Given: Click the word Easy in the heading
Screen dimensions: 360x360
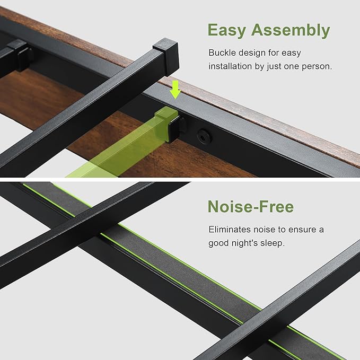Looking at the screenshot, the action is pos(226,31).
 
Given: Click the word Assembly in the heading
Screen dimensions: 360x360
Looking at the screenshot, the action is pos(291,30).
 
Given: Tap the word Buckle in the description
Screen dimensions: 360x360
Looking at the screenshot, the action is pos(222,52).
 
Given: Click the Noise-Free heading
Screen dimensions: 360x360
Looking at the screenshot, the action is pos(251,206).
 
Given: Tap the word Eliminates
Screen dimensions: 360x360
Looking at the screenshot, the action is pos(230,229).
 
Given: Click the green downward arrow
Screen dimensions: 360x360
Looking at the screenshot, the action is pos(175,89).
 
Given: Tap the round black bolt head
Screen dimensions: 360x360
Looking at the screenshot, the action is pos(204,137).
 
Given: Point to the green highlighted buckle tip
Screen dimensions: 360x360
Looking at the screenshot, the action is pos(166,113).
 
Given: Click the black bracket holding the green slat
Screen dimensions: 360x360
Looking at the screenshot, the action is pos(177,128).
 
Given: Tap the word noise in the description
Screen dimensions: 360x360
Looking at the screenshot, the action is pos(264,229).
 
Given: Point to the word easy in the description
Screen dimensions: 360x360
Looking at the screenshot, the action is pos(291,53).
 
